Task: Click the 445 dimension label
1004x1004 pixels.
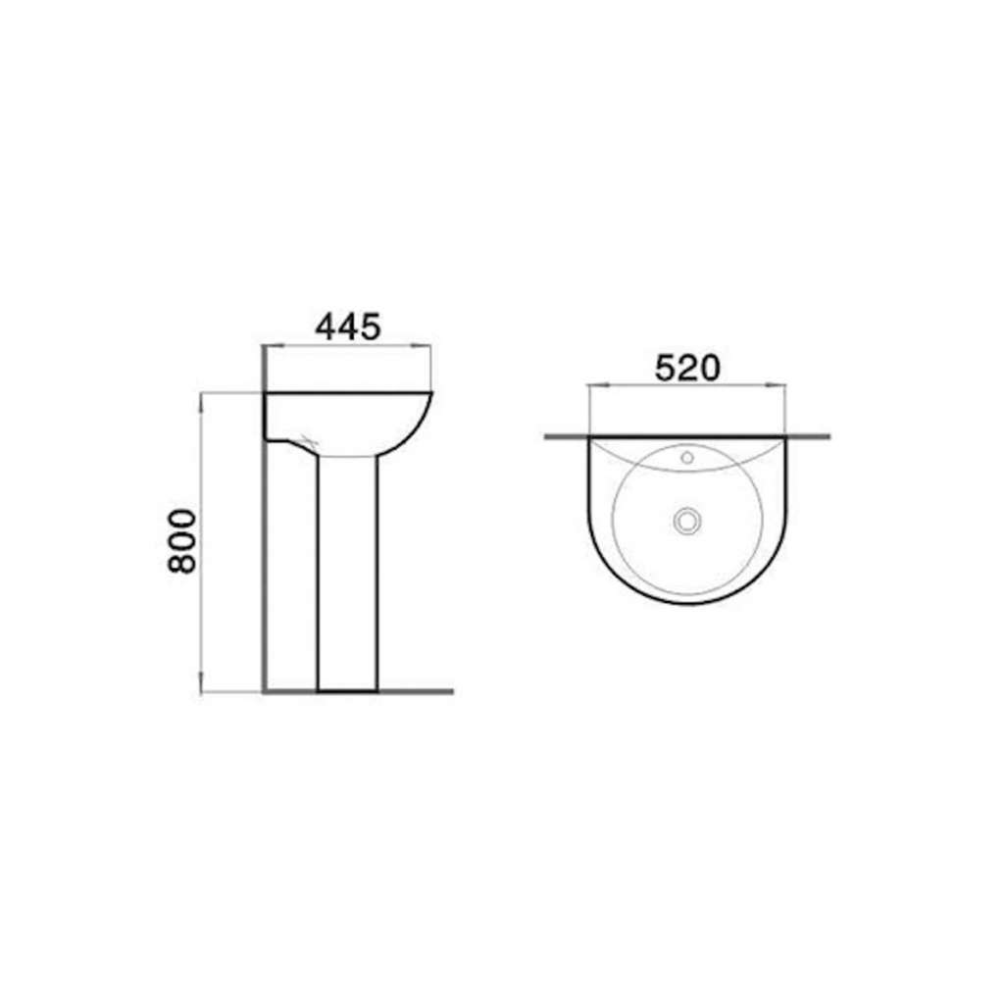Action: pyautogui.click(x=348, y=326)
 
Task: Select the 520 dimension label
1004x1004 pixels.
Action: pyautogui.click(x=687, y=369)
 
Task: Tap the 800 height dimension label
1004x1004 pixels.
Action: pyautogui.click(x=181, y=541)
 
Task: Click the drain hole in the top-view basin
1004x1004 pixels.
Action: pyautogui.click(x=687, y=521)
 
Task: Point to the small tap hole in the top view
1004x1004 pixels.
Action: pyautogui.click(x=687, y=457)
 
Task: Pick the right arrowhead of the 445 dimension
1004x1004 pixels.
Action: pyautogui.click(x=422, y=346)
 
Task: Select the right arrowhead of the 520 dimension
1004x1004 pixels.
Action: pyautogui.click(x=777, y=385)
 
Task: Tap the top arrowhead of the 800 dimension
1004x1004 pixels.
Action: pyautogui.click(x=202, y=402)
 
